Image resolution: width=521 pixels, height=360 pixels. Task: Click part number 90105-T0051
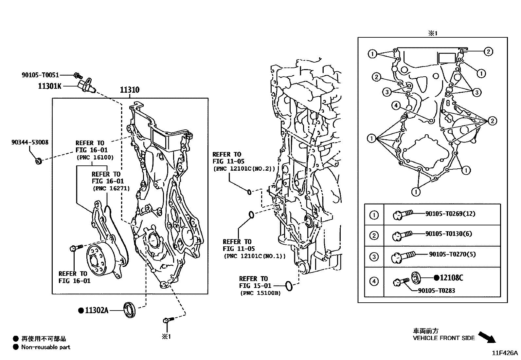[40, 75]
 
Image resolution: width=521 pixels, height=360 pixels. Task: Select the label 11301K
[49, 86]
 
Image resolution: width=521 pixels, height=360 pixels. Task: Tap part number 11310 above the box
[130, 90]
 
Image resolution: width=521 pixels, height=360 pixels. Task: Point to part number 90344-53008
[29, 142]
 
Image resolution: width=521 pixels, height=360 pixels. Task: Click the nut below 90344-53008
[38, 161]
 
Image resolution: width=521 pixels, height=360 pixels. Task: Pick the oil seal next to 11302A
[129, 310]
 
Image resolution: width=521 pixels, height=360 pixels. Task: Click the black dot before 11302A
[81, 310]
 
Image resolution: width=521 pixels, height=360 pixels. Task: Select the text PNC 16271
[111, 189]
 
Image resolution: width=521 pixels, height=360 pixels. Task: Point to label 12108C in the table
[451, 278]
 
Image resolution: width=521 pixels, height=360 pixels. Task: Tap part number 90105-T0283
[436, 291]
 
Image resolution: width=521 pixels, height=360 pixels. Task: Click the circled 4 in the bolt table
[374, 281]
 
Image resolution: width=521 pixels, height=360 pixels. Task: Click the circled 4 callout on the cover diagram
[396, 105]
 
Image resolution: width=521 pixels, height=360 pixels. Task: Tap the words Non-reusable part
[45, 347]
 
